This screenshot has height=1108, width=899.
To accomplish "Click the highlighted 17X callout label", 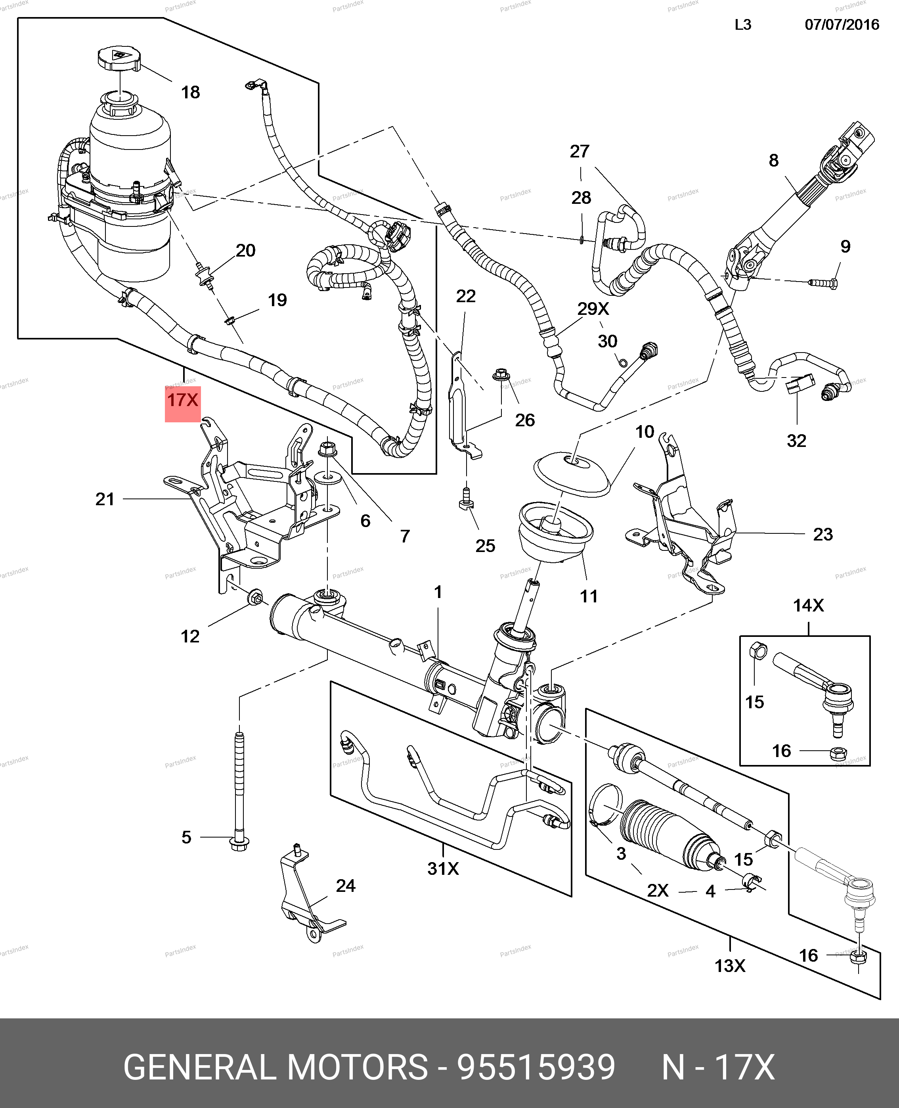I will click(182, 401).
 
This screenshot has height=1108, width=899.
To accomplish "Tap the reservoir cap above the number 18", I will click(119, 59).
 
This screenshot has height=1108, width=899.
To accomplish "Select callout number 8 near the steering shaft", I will click(773, 161).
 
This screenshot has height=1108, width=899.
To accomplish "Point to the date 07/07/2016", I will click(842, 25).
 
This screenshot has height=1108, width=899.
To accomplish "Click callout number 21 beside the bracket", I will click(105, 499).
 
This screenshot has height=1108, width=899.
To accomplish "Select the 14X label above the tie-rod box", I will click(808, 605).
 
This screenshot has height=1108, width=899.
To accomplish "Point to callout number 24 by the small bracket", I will click(345, 886).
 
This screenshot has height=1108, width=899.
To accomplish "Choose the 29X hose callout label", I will click(593, 309).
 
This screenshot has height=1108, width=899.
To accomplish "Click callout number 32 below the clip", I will click(796, 441).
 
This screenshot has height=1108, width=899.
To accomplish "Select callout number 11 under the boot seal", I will click(589, 596).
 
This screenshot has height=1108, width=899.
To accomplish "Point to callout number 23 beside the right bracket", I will click(822, 534).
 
